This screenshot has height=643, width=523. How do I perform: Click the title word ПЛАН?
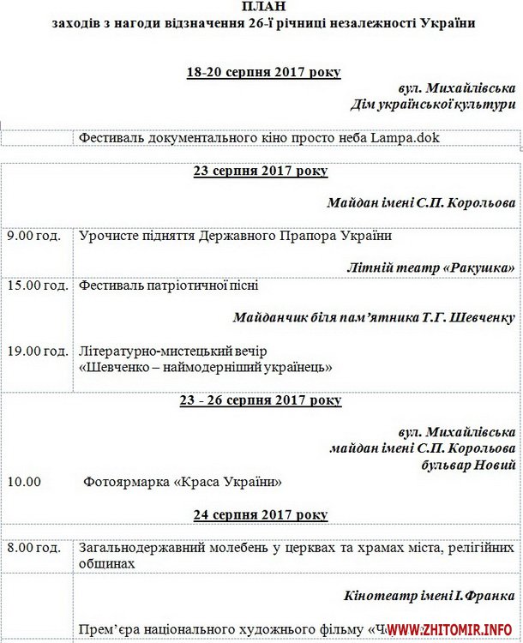point(261,9)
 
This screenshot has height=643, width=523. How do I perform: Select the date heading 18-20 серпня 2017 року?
point(264,72)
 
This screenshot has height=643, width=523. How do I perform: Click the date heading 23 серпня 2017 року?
point(261,171)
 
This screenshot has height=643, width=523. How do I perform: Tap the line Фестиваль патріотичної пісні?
point(168,285)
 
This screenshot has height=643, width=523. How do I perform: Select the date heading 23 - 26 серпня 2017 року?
point(261,400)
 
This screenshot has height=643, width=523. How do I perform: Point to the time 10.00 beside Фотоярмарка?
point(24,482)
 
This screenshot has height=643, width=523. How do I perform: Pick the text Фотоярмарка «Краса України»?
point(183,482)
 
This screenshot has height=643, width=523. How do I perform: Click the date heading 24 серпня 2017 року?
point(261,514)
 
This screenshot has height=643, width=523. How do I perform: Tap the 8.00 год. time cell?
point(33,547)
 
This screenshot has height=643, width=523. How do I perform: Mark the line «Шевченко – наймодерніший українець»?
point(205,367)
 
